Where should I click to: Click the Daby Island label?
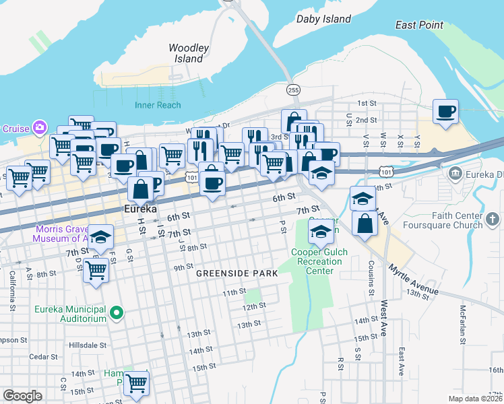pos(324,19)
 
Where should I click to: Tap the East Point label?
pos(420,26)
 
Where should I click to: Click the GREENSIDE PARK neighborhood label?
pos(237,274)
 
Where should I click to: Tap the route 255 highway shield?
pos(292,90)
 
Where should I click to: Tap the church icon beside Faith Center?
pos(493,219)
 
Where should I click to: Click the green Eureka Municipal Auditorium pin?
pos(117,312)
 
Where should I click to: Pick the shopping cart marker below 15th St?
pos(137,382)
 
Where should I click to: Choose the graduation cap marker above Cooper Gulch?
pos(321,232)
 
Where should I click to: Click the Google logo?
pos(22,395)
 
